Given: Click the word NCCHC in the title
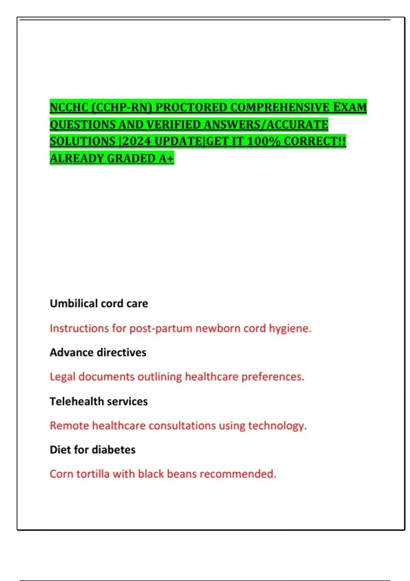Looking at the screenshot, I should pyautogui.click(x=69, y=107).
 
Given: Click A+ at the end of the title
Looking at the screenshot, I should pyautogui.click(x=166, y=158).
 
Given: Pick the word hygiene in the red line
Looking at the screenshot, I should pyautogui.click(x=290, y=328).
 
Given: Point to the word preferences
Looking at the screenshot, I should pyautogui.click(x=273, y=377).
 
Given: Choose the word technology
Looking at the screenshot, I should pyautogui.click(x=277, y=426).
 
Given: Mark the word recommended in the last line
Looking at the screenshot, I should pyautogui.click(x=238, y=474).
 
